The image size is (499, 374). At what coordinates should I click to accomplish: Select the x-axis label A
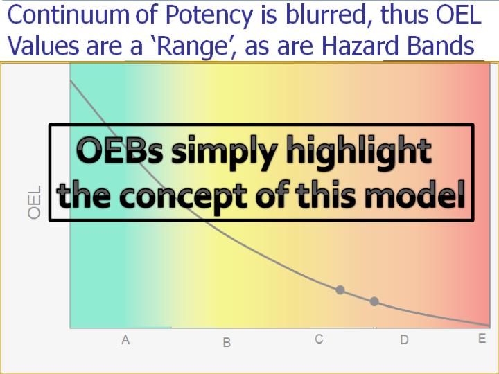point(125,340)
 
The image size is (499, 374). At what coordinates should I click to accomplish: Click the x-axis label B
point(227,342)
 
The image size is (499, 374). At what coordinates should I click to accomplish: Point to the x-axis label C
point(319,339)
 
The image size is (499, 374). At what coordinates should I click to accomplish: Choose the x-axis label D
point(404,340)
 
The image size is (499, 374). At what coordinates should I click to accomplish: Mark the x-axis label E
point(482,339)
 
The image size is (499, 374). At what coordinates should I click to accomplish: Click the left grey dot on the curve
point(340,290)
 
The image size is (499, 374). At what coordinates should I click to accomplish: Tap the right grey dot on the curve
point(374,301)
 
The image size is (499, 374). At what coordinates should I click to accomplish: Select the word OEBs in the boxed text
point(120,152)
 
